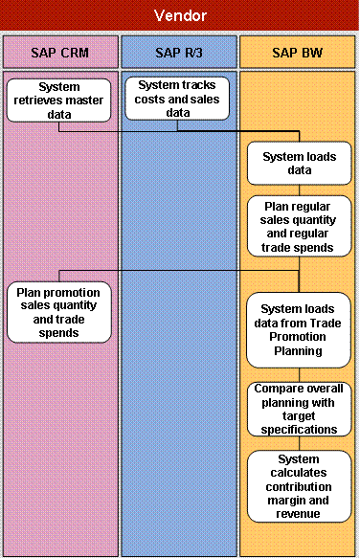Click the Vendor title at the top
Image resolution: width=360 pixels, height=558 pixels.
(180, 16)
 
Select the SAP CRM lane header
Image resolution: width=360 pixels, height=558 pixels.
(60, 52)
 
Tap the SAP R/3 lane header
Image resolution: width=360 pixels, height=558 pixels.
(178, 52)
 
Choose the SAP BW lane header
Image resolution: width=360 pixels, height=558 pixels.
(297, 52)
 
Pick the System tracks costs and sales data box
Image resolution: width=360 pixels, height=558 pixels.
(178, 99)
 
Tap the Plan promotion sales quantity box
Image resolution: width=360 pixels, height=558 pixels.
(59, 312)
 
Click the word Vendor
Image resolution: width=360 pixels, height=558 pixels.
(180, 16)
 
